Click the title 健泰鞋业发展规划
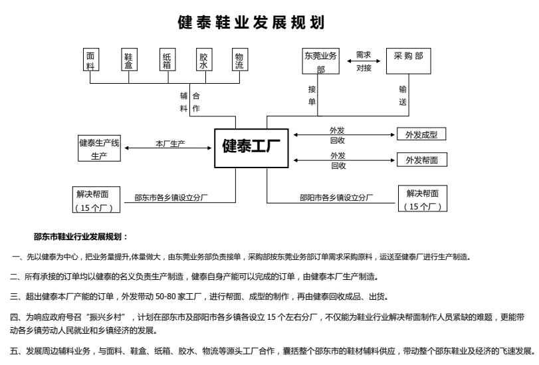[x=251, y=23]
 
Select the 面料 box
[x=90, y=62]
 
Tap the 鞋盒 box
[x=128, y=62]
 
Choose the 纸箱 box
[x=167, y=62]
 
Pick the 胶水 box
[x=203, y=62]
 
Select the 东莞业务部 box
[x=321, y=62]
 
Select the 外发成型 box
[x=421, y=134]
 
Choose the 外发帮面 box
[x=421, y=160]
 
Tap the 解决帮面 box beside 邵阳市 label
[x=422, y=199]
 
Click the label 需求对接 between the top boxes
[x=364, y=61]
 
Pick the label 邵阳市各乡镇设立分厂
[x=336, y=197]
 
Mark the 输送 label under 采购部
[x=403, y=95]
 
